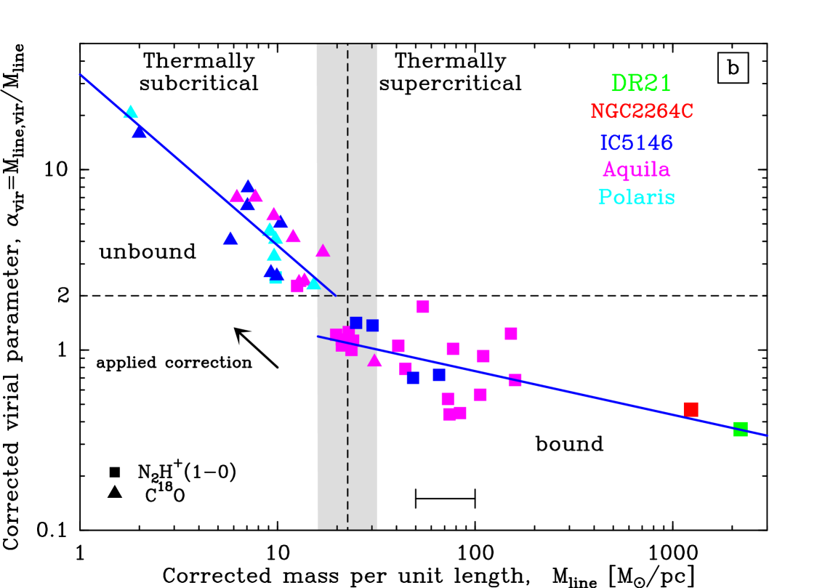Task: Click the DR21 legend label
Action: pyautogui.click(x=640, y=84)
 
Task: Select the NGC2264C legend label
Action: pyautogui.click(x=642, y=112)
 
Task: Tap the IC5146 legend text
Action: pyautogui.click(x=637, y=142)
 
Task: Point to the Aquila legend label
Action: pyautogui.click(x=636, y=170)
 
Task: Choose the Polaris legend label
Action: pyautogui.click(x=636, y=198)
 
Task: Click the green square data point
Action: pyautogui.click(x=740, y=429)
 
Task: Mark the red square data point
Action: pyautogui.click(x=691, y=409)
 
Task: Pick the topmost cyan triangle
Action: pyautogui.click(x=131, y=112)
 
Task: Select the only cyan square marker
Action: pyautogui.click(x=275, y=278)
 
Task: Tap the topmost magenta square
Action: pyautogui.click(x=423, y=307)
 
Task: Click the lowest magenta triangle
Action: pyautogui.click(x=374, y=361)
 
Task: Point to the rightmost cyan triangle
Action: pyautogui.click(x=313, y=283)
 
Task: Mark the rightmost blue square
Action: pyautogui.click(x=439, y=375)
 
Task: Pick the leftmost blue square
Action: pyautogui.click(x=355, y=323)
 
